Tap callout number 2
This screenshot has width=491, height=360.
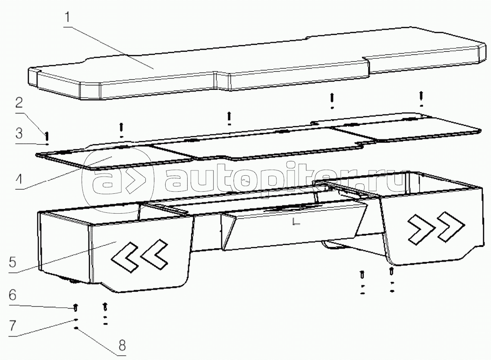(19, 102)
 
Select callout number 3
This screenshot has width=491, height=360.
(19, 133)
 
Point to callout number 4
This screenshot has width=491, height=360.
(19, 180)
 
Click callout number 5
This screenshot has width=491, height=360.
(12, 262)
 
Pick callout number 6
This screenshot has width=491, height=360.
(12, 295)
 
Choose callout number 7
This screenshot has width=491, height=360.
(13, 325)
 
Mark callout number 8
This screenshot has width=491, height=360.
(122, 345)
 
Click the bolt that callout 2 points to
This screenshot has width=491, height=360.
(47, 136)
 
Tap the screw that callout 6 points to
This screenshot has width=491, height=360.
(76, 308)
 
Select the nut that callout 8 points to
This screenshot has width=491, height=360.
(76, 328)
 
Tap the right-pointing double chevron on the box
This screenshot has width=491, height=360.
(436, 227)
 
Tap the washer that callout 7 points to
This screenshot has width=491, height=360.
(76, 320)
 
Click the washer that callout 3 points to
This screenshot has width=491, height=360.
(47, 144)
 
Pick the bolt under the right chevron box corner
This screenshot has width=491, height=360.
(391, 272)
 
